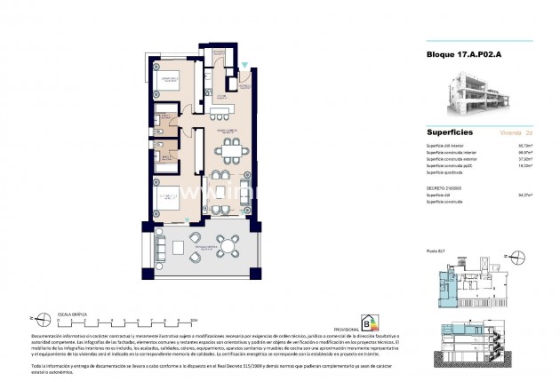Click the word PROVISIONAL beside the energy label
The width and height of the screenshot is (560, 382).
point(346,329)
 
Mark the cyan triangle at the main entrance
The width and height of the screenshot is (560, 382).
point(244,64)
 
